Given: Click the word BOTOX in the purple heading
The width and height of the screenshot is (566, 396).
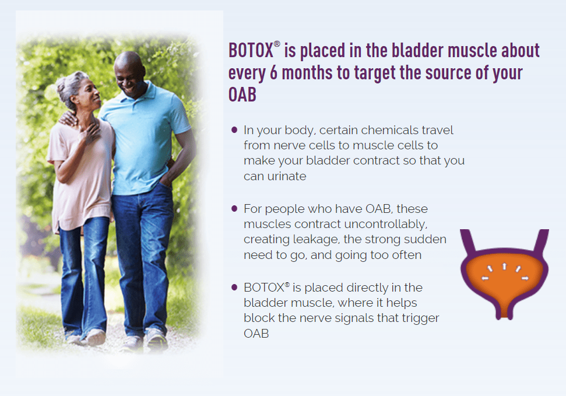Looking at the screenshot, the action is (x=251, y=50).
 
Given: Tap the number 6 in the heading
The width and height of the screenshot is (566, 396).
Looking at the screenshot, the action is (x=273, y=73).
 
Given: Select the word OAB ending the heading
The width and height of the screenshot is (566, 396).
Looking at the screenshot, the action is (x=242, y=94).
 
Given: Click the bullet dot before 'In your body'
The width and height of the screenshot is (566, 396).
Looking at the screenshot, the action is (x=234, y=129).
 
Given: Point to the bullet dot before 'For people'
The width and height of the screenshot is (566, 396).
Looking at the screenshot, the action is (x=234, y=208).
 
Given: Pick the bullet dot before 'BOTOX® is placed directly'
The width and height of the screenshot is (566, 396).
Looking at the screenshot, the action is (x=234, y=288).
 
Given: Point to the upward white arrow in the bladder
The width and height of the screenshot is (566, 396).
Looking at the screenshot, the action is (x=504, y=267).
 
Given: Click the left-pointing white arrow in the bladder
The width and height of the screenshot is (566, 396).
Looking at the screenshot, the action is (x=485, y=278).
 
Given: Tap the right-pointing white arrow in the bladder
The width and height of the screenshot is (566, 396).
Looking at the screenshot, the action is (x=525, y=278).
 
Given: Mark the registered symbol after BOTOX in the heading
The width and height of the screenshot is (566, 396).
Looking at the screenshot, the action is (x=277, y=44).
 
